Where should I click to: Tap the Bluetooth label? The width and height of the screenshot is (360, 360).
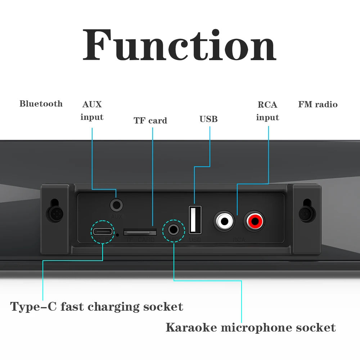[x=41, y=104]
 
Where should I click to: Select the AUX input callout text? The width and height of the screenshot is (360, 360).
[x=92, y=111]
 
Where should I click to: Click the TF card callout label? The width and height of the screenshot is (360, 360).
[x=150, y=121]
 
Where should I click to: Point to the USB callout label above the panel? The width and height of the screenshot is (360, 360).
[x=208, y=119]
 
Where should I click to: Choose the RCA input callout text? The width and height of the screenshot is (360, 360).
[x=267, y=111]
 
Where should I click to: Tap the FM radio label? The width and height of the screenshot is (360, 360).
[x=318, y=105]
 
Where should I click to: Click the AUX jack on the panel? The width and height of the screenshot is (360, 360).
[x=116, y=205]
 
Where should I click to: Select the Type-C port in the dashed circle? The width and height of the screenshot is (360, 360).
[x=102, y=231]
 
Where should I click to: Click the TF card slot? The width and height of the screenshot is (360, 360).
[x=140, y=232]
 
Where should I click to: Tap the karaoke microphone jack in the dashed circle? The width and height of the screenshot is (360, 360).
[x=174, y=229]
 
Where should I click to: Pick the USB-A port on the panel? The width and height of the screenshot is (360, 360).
[x=195, y=219]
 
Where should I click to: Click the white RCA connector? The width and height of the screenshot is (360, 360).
[x=225, y=221]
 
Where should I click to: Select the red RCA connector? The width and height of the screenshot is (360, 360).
[x=254, y=221]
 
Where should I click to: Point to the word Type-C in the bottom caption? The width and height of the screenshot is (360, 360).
[x=33, y=307]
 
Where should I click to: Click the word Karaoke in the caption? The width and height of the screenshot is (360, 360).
[x=191, y=328]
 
